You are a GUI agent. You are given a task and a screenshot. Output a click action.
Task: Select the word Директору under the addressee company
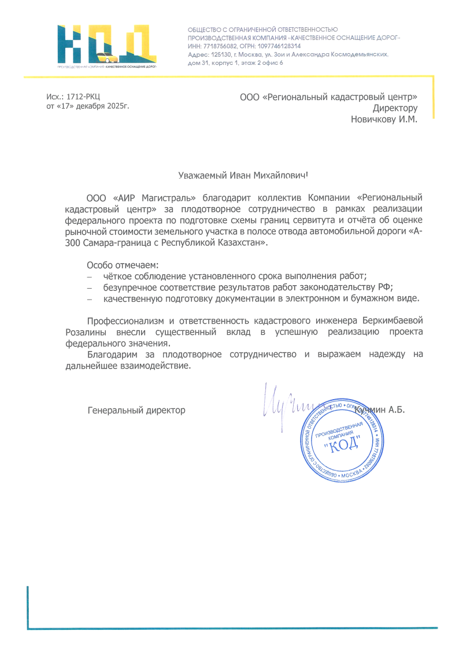tap(395, 108)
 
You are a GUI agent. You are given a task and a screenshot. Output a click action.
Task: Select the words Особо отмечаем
tap(117, 265)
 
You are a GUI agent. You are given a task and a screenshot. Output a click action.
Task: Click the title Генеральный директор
tap(136, 410)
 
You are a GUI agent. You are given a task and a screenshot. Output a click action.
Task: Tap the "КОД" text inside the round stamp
tap(346, 444)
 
